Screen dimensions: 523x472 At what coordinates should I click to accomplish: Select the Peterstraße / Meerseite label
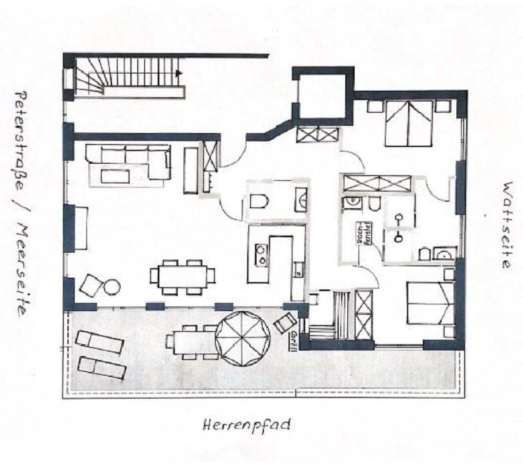[x=22, y=204]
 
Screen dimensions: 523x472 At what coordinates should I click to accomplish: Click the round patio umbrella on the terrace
[x=242, y=339]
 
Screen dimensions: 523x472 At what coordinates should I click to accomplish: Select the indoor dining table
[x=183, y=277]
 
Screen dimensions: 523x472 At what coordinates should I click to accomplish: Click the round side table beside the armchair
[x=112, y=287]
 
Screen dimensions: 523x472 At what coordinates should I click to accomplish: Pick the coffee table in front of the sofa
[x=115, y=177]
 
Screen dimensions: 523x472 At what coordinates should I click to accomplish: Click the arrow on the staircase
[x=178, y=73]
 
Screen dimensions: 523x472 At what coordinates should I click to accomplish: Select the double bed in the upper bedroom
[x=408, y=123]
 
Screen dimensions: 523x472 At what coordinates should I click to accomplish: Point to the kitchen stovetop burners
[x=261, y=255]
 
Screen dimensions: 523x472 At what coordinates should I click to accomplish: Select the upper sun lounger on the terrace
[x=99, y=342]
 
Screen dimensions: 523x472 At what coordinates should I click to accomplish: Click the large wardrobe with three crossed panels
[x=377, y=183]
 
